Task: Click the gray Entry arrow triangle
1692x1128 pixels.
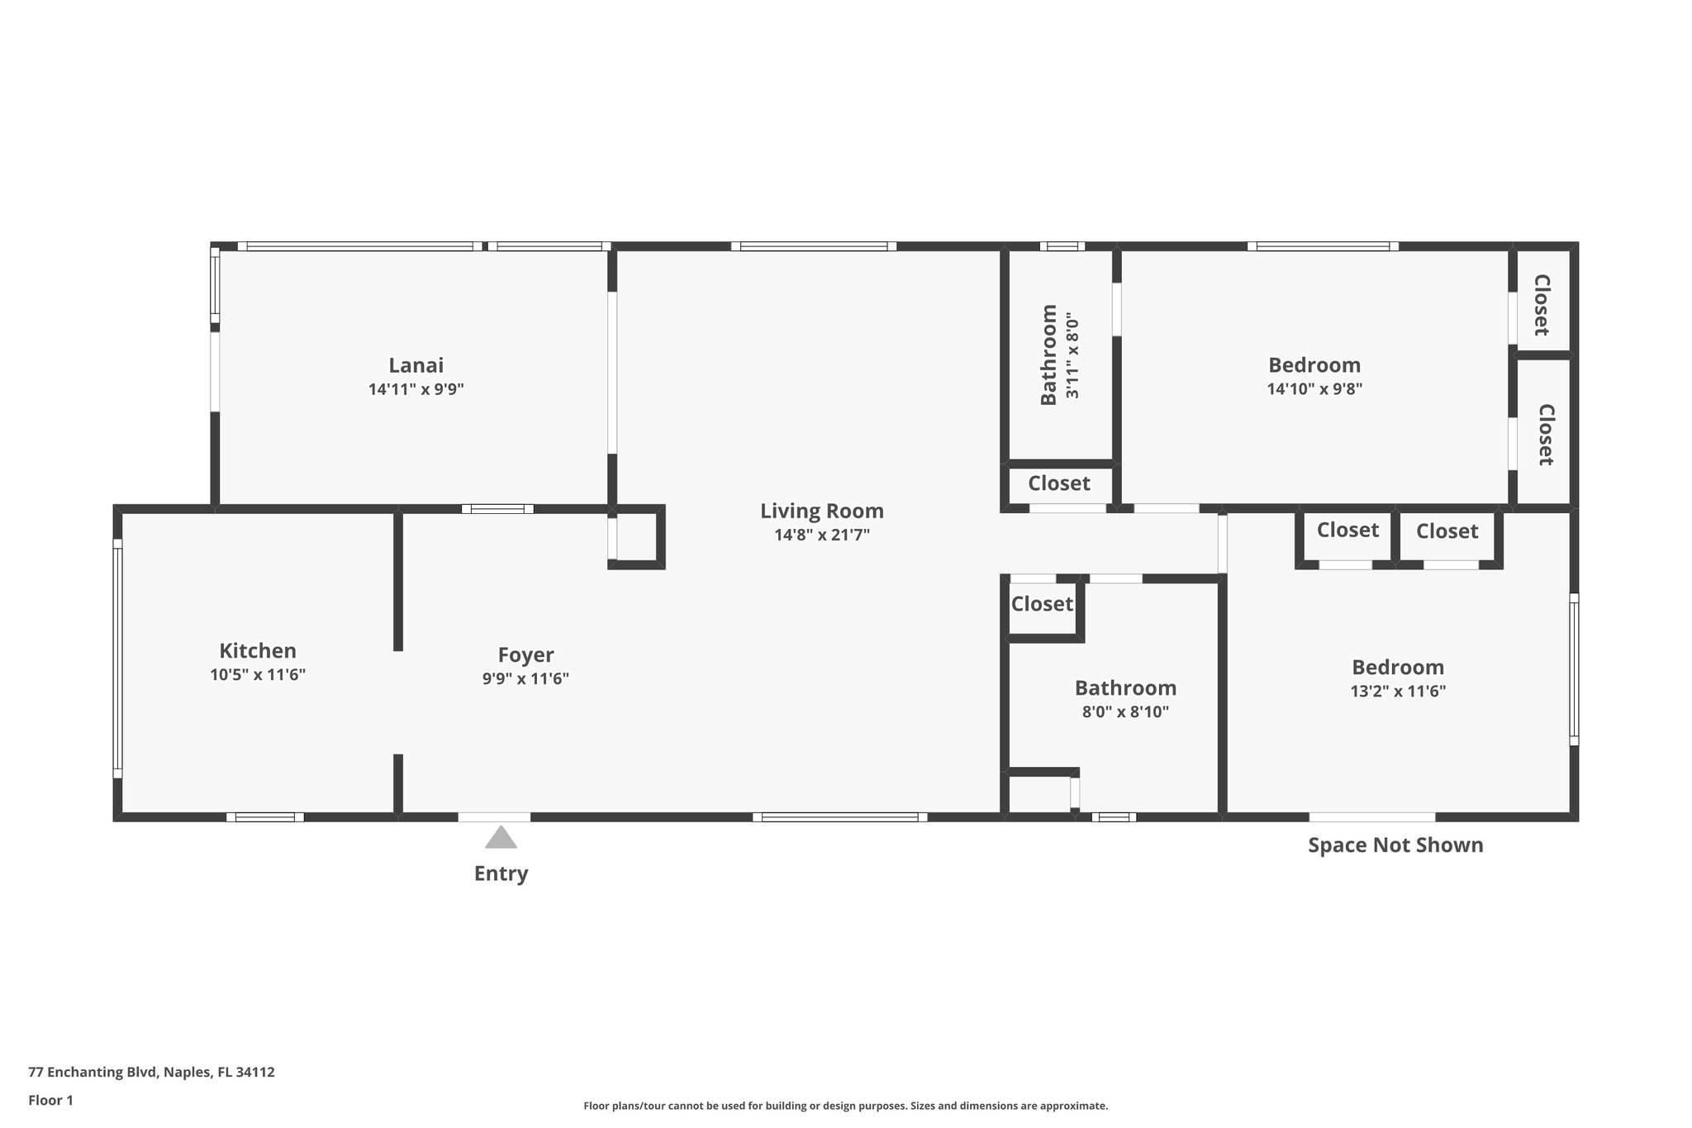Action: pos(501,838)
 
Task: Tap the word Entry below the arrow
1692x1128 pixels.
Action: pos(501,873)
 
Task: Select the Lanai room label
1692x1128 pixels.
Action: pos(416,365)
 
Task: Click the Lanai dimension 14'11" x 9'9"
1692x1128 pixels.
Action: pos(416,389)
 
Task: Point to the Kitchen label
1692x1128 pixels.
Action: pos(258,650)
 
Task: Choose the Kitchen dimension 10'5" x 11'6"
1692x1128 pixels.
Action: pos(258,674)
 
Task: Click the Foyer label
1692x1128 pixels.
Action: pos(525,654)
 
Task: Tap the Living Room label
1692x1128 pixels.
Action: pos(822,511)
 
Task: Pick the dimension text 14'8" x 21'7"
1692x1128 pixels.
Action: pos(822,535)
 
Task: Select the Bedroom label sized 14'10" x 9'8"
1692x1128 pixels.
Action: pos(1314,364)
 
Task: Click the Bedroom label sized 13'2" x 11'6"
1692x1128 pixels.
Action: pos(1398,667)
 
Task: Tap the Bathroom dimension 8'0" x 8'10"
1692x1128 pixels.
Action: pos(1125,712)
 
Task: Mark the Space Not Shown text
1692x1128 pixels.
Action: pos(1395,845)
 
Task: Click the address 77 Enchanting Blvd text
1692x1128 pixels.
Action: pos(151,1072)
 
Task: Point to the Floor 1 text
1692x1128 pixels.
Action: pos(51,1100)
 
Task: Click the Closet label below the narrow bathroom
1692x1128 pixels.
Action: pos(1059,483)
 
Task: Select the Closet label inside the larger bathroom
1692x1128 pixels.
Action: pos(1042,604)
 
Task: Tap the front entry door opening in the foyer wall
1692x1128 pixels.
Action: pos(494,817)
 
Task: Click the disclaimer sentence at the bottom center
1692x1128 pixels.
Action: pos(845,1106)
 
